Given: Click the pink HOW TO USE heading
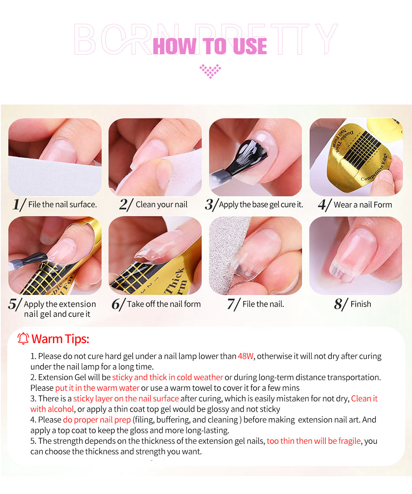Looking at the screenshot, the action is (x=210, y=46).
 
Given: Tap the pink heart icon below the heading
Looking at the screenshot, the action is (x=210, y=71).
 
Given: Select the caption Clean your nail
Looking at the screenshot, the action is (x=161, y=204).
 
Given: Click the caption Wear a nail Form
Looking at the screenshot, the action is (x=363, y=205).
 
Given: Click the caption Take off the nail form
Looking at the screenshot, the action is (x=164, y=304).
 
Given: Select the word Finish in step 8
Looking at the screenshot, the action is (x=361, y=304).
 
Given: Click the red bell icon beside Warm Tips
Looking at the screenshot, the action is (x=23, y=339).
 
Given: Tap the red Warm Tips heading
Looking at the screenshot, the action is (x=60, y=339).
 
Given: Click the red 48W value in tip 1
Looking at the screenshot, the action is (x=246, y=357).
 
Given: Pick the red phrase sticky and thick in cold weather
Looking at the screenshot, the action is (x=167, y=377).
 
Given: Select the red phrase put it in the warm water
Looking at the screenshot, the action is (x=97, y=388).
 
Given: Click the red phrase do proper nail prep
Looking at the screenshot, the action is (x=97, y=420).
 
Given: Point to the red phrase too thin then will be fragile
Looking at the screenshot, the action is (x=314, y=441).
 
